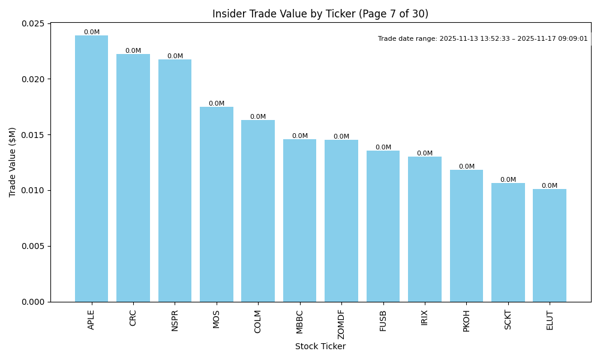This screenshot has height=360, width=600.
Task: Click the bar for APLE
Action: (x=91, y=169)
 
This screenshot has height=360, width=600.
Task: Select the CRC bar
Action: (x=133, y=178)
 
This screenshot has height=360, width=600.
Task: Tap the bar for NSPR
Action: (x=175, y=181)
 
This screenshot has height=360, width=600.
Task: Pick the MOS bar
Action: (x=217, y=204)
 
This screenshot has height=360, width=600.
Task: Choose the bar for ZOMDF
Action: (x=341, y=221)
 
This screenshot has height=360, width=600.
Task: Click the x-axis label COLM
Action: (x=258, y=321)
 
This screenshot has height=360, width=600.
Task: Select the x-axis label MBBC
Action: (x=300, y=321)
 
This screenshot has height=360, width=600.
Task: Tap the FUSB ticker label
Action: (x=383, y=320)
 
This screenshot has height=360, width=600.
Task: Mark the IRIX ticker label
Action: (x=425, y=318)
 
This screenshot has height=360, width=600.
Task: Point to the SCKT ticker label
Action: (x=508, y=320)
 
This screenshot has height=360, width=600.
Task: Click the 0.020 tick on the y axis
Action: (x=34, y=79)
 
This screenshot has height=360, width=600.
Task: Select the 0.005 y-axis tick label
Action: (x=34, y=246)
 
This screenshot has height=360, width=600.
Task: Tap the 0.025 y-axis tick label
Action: (x=34, y=23)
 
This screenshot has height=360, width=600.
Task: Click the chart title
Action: (x=320, y=14)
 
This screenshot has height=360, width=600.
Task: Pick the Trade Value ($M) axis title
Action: (x=13, y=162)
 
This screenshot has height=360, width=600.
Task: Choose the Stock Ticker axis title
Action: (x=320, y=346)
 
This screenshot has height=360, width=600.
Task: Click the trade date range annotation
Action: (x=482, y=39)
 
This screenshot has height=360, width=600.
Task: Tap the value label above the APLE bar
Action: (x=92, y=32)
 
